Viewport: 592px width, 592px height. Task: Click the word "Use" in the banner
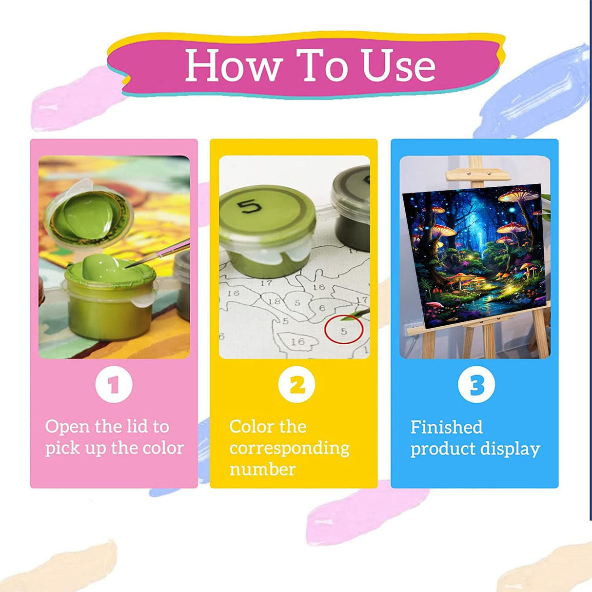click(399, 65)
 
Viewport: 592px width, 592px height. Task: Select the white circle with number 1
click(114, 385)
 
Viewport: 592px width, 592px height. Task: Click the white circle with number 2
click(297, 385)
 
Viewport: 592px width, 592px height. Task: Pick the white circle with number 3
click(476, 385)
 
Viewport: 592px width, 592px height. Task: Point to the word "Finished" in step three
click(446, 427)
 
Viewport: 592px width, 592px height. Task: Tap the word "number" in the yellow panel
click(263, 470)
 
